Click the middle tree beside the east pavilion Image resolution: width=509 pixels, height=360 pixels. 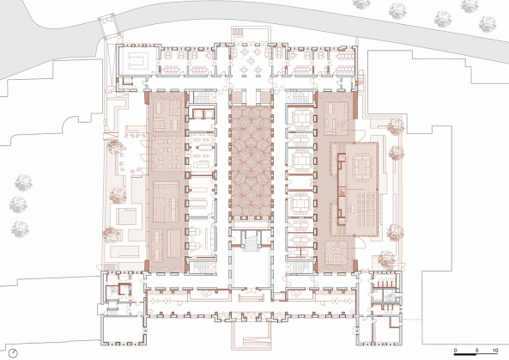pos(397,156)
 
